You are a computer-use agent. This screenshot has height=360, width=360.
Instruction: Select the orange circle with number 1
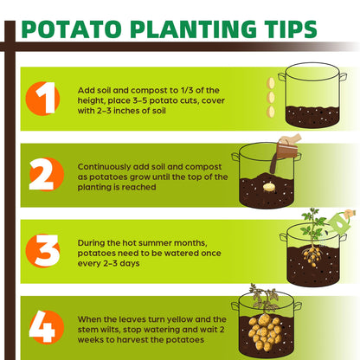[x=42, y=99]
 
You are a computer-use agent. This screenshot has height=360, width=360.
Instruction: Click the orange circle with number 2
[x=47, y=174]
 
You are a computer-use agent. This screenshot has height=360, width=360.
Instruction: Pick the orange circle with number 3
[x=42, y=250]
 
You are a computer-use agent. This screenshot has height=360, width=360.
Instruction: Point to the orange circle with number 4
[x=47, y=327]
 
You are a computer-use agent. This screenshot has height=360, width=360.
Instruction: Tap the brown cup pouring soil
[x=286, y=150]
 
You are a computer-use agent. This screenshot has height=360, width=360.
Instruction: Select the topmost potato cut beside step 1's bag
[x=271, y=84]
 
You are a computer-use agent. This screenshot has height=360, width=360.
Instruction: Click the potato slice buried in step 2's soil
[x=269, y=188]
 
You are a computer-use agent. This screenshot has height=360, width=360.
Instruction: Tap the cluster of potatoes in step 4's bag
[x=265, y=331]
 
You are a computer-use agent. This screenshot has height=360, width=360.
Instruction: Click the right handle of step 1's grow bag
[x=343, y=77]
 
